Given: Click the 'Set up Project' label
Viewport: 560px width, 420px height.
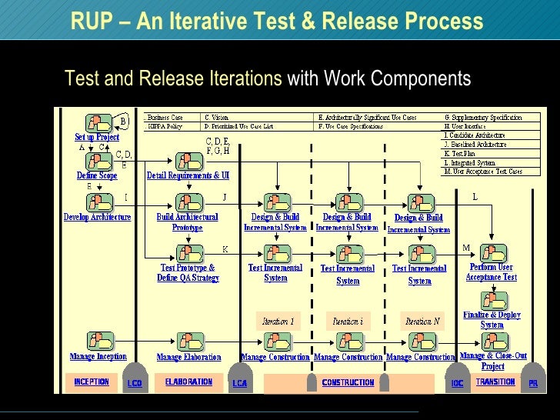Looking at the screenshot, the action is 97,138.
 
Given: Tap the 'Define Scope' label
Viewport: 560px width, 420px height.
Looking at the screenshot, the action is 97,175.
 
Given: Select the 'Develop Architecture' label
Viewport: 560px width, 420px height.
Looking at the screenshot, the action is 97,217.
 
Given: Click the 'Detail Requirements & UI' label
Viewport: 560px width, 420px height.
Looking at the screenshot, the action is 188,175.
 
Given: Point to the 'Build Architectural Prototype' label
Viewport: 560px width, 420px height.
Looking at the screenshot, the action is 188,222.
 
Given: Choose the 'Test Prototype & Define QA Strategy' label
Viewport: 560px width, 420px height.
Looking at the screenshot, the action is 188,273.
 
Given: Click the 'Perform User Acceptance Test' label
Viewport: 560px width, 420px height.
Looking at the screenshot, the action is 492,272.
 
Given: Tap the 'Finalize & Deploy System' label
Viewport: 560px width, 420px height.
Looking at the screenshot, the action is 492,319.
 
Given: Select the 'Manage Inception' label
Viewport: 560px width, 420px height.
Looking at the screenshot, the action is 98,356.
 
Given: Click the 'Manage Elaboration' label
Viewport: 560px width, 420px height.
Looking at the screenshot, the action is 188,357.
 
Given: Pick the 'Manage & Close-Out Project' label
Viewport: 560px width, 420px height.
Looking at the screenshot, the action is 493,360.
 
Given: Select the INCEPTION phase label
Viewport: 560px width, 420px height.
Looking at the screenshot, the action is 92,382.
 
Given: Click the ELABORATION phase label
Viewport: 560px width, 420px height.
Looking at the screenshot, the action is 188,382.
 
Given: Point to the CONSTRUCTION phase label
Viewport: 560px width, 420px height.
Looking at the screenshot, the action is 348,383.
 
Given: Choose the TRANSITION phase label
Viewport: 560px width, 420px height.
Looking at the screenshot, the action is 495,382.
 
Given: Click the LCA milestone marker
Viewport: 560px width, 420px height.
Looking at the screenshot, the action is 240,382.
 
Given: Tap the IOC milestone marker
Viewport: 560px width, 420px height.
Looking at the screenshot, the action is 457,382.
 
